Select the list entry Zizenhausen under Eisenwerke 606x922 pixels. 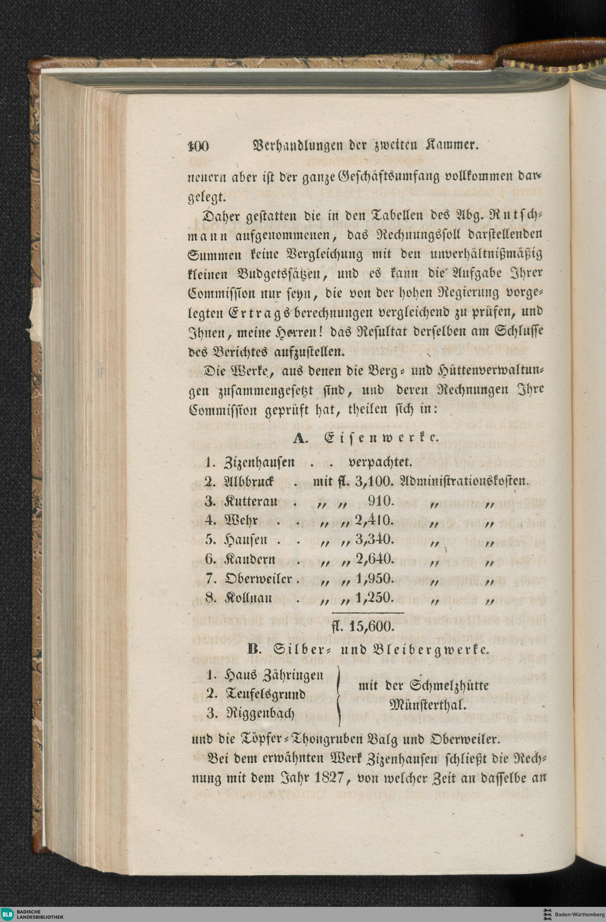pos(260,462)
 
